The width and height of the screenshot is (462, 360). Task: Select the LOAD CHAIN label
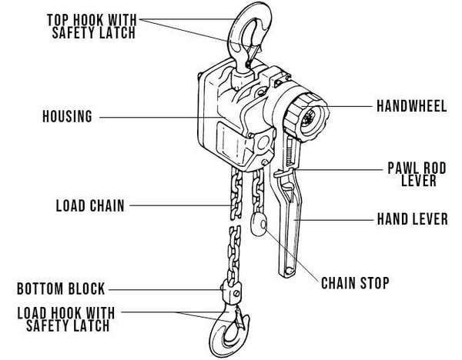pyautogui.click(x=89, y=206)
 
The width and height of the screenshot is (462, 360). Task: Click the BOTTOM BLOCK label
pyautogui.click(x=62, y=290)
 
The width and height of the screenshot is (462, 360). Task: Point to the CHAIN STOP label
pyautogui.click(x=355, y=282)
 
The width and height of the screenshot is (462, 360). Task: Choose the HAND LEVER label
pyautogui.click(x=411, y=220)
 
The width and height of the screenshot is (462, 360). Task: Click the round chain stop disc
pyautogui.click(x=258, y=225)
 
